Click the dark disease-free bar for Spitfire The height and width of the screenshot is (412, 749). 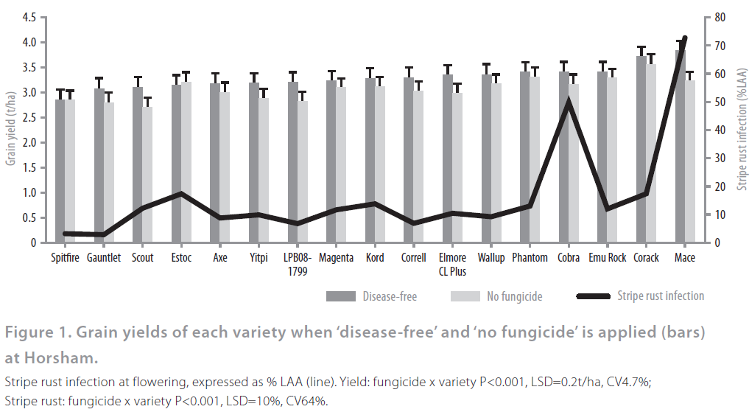click(x=60, y=177)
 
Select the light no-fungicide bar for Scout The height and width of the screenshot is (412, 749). click(x=147, y=181)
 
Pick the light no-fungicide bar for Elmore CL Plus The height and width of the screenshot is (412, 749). click(x=457, y=173)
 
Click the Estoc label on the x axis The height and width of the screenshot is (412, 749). click(x=181, y=258)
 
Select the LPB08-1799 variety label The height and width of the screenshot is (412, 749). click(x=298, y=264)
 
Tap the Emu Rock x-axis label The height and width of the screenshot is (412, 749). click(x=608, y=258)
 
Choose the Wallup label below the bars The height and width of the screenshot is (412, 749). click(x=490, y=258)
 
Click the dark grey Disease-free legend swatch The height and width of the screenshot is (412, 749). click(x=340, y=296)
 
